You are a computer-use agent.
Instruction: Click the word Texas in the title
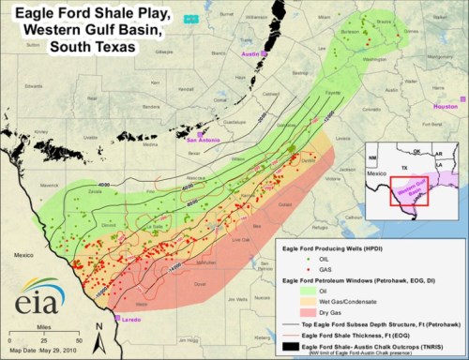(102, 45)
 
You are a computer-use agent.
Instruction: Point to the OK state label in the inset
(414, 149)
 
